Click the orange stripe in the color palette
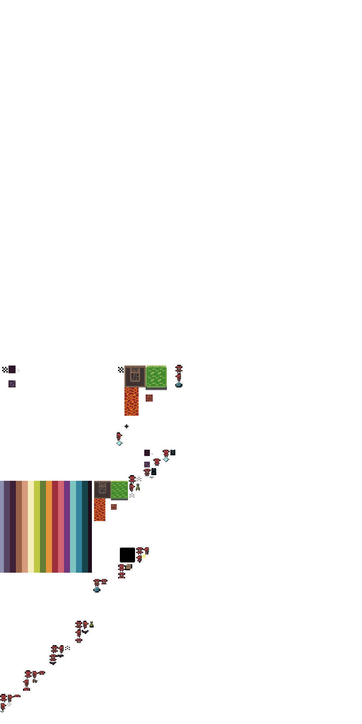[x=49, y=526]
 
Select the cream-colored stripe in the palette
[x=31, y=526]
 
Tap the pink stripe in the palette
[x=61, y=526]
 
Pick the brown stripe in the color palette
[x=19, y=526]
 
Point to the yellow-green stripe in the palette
[x=37, y=526]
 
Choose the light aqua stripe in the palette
[x=73, y=526]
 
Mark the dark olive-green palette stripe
[x=43, y=526]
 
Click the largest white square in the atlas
[x=91, y=273]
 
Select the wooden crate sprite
[x=129, y=567]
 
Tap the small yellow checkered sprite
[x=144, y=556]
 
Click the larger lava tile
[x=132, y=401]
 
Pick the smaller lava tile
[x=99, y=510]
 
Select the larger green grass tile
[x=156, y=376]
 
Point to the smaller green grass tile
[x=119, y=490]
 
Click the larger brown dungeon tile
[x=135, y=376]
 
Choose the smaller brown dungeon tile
[x=102, y=490]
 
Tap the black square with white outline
[x=127, y=555]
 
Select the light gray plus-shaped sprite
[x=9, y=704]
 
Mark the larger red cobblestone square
[x=149, y=398]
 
